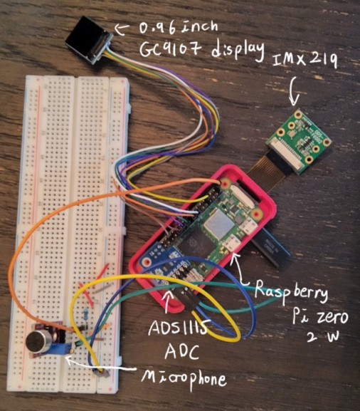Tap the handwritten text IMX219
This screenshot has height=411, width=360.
point(305,61)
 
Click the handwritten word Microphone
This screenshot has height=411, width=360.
point(184,378)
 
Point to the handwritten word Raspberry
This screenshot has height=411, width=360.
point(291,291)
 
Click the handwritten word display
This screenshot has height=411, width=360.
point(238,51)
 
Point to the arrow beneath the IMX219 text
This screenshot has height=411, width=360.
point(295,91)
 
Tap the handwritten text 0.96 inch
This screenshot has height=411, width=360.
point(178,27)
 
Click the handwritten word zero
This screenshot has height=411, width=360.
point(333,318)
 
